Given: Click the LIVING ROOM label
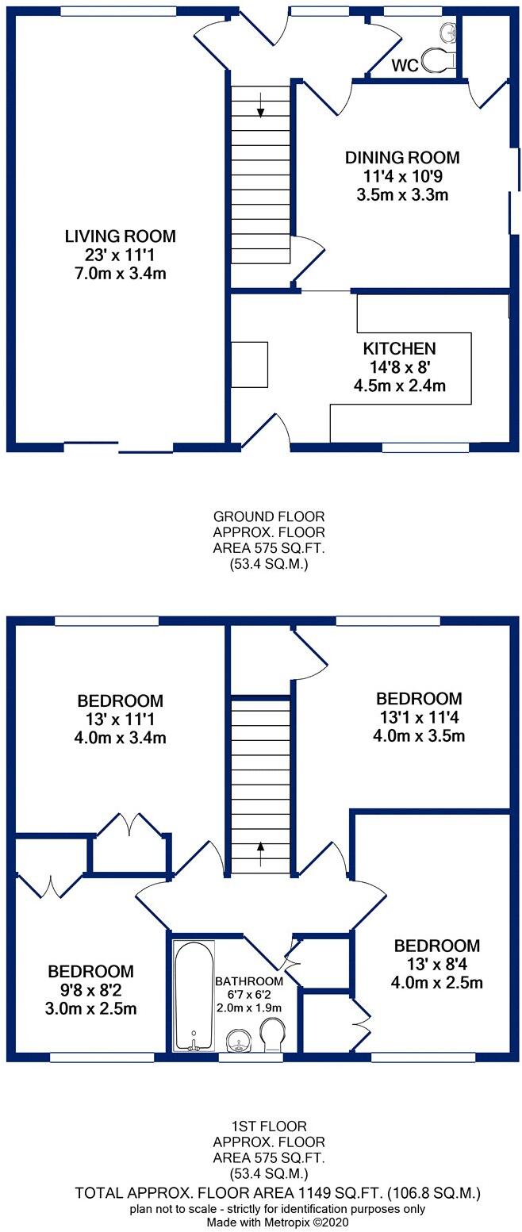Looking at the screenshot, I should (x=120, y=236).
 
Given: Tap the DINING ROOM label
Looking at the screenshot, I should (x=402, y=157).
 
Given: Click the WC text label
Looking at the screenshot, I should (x=405, y=66).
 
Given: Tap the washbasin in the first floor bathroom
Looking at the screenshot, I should (x=237, y=1040).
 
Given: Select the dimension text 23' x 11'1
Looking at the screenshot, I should (x=120, y=255).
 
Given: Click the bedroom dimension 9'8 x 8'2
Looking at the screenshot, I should (x=91, y=990).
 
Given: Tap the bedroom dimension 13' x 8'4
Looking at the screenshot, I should (x=437, y=965).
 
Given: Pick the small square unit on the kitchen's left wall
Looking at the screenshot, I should (x=249, y=364).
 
